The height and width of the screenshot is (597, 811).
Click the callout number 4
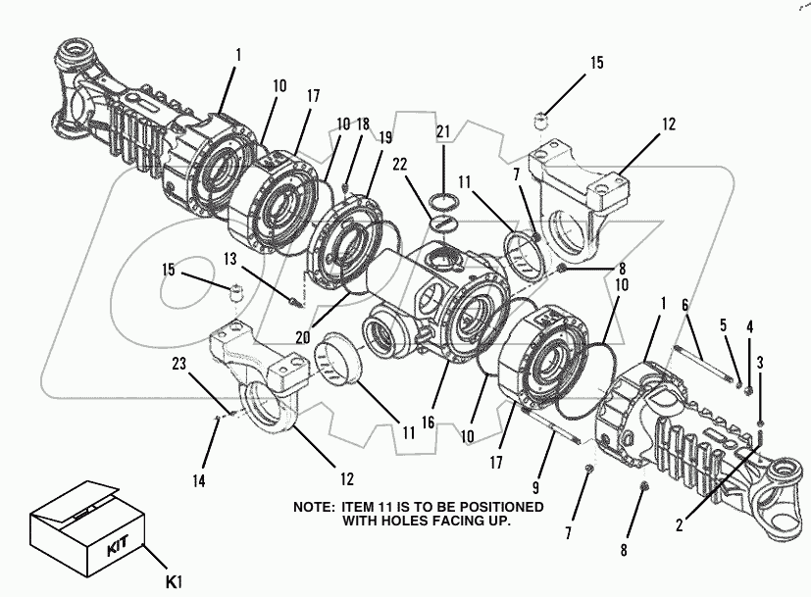750,325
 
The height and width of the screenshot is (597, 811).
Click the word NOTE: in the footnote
316,507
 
